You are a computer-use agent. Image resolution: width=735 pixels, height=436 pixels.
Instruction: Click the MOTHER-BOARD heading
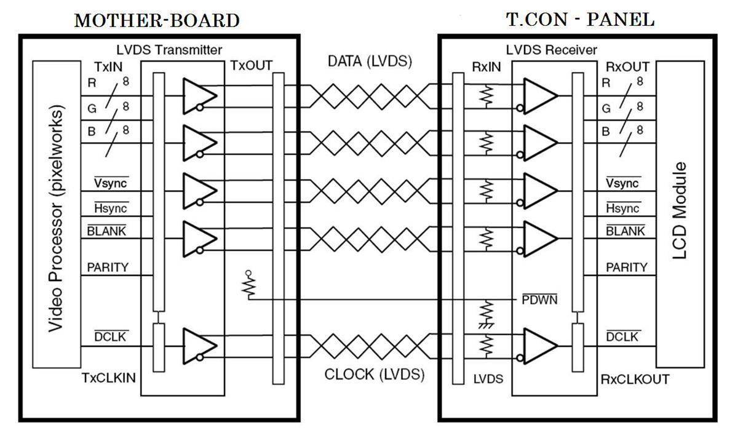(157, 21)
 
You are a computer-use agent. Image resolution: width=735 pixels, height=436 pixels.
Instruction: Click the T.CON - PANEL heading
(580, 20)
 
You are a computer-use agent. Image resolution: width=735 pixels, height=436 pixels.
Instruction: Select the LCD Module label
(680, 211)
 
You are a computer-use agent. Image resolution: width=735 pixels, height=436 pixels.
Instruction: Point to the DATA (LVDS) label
(370, 61)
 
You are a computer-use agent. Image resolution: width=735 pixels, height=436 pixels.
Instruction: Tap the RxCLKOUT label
(635, 379)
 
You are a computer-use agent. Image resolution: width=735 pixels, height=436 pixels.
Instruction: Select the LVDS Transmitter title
(169, 50)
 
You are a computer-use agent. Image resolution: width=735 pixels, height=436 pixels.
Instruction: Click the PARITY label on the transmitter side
(107, 268)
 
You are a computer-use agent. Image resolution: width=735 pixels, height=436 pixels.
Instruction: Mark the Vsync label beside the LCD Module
(622, 183)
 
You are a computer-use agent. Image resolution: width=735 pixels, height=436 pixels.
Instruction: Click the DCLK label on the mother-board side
(106, 337)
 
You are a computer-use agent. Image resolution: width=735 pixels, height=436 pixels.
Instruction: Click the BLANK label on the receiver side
(626, 231)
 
